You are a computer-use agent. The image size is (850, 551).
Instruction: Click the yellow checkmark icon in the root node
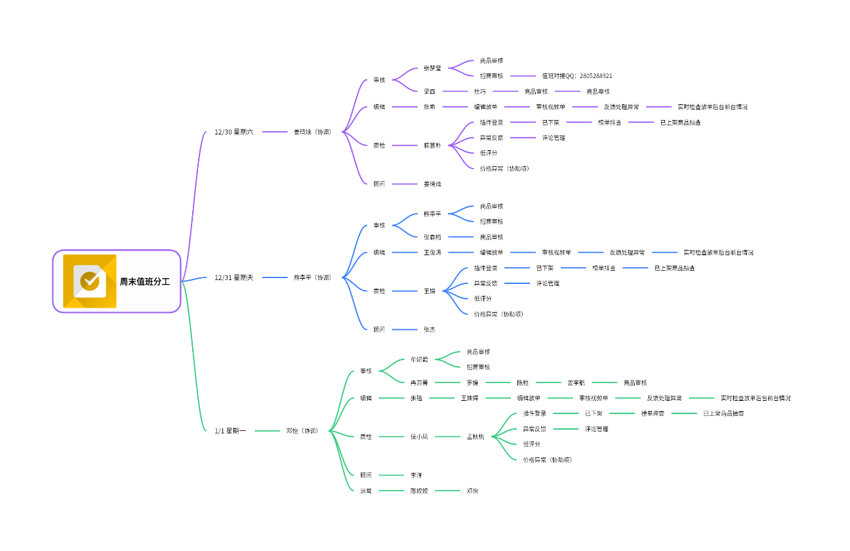[90, 281]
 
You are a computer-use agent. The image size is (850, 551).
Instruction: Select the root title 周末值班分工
[144, 281]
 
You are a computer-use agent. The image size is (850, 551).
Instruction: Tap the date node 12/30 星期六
[233, 132]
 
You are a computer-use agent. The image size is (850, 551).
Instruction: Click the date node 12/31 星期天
[233, 277]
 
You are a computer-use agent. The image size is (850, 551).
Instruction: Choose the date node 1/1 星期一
[230, 431]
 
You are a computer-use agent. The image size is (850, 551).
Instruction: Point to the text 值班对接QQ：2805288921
[577, 76]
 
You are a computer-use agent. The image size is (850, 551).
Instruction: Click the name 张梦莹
[432, 68]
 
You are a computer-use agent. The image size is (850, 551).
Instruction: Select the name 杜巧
[480, 92]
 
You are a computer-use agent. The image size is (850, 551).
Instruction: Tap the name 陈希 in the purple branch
[430, 107]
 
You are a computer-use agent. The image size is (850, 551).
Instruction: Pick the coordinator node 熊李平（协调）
[312, 277]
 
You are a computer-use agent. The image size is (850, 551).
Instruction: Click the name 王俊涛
[432, 253]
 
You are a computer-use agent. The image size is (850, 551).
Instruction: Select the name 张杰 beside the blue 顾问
[430, 329]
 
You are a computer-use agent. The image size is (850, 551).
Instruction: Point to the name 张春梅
[432, 237]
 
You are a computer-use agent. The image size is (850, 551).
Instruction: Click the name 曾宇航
[577, 382]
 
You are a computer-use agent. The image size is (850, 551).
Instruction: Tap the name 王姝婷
[470, 398]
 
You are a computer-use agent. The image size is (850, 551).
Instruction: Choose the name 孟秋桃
[476, 437]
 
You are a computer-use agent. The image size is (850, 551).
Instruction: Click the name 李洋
[416, 475]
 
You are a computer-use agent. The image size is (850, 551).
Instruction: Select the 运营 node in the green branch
[366, 491]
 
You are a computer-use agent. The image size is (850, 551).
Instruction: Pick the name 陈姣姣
[419, 491]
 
